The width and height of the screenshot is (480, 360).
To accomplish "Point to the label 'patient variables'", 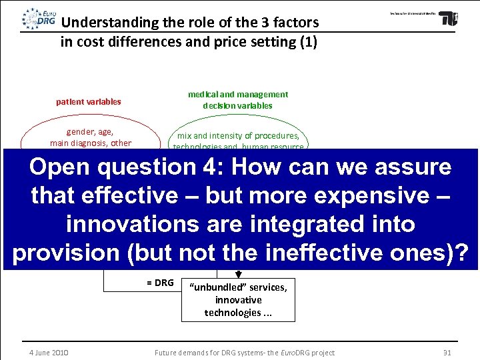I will pyautogui.click(x=88, y=102).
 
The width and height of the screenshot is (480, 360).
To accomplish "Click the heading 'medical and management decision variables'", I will pyautogui.click(x=237, y=99).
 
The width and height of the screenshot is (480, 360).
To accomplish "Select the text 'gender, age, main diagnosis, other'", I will pyautogui.click(x=90, y=137).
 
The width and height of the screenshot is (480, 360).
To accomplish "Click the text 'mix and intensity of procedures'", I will pyautogui.click(x=237, y=136).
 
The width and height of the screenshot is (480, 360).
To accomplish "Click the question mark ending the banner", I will pyautogui.click(x=459, y=253).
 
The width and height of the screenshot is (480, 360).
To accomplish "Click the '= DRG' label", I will pyautogui.click(x=160, y=283).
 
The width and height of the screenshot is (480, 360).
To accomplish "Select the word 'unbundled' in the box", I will pyautogui.click(x=217, y=287).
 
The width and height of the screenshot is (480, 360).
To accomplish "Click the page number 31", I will pyautogui.click(x=447, y=353).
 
